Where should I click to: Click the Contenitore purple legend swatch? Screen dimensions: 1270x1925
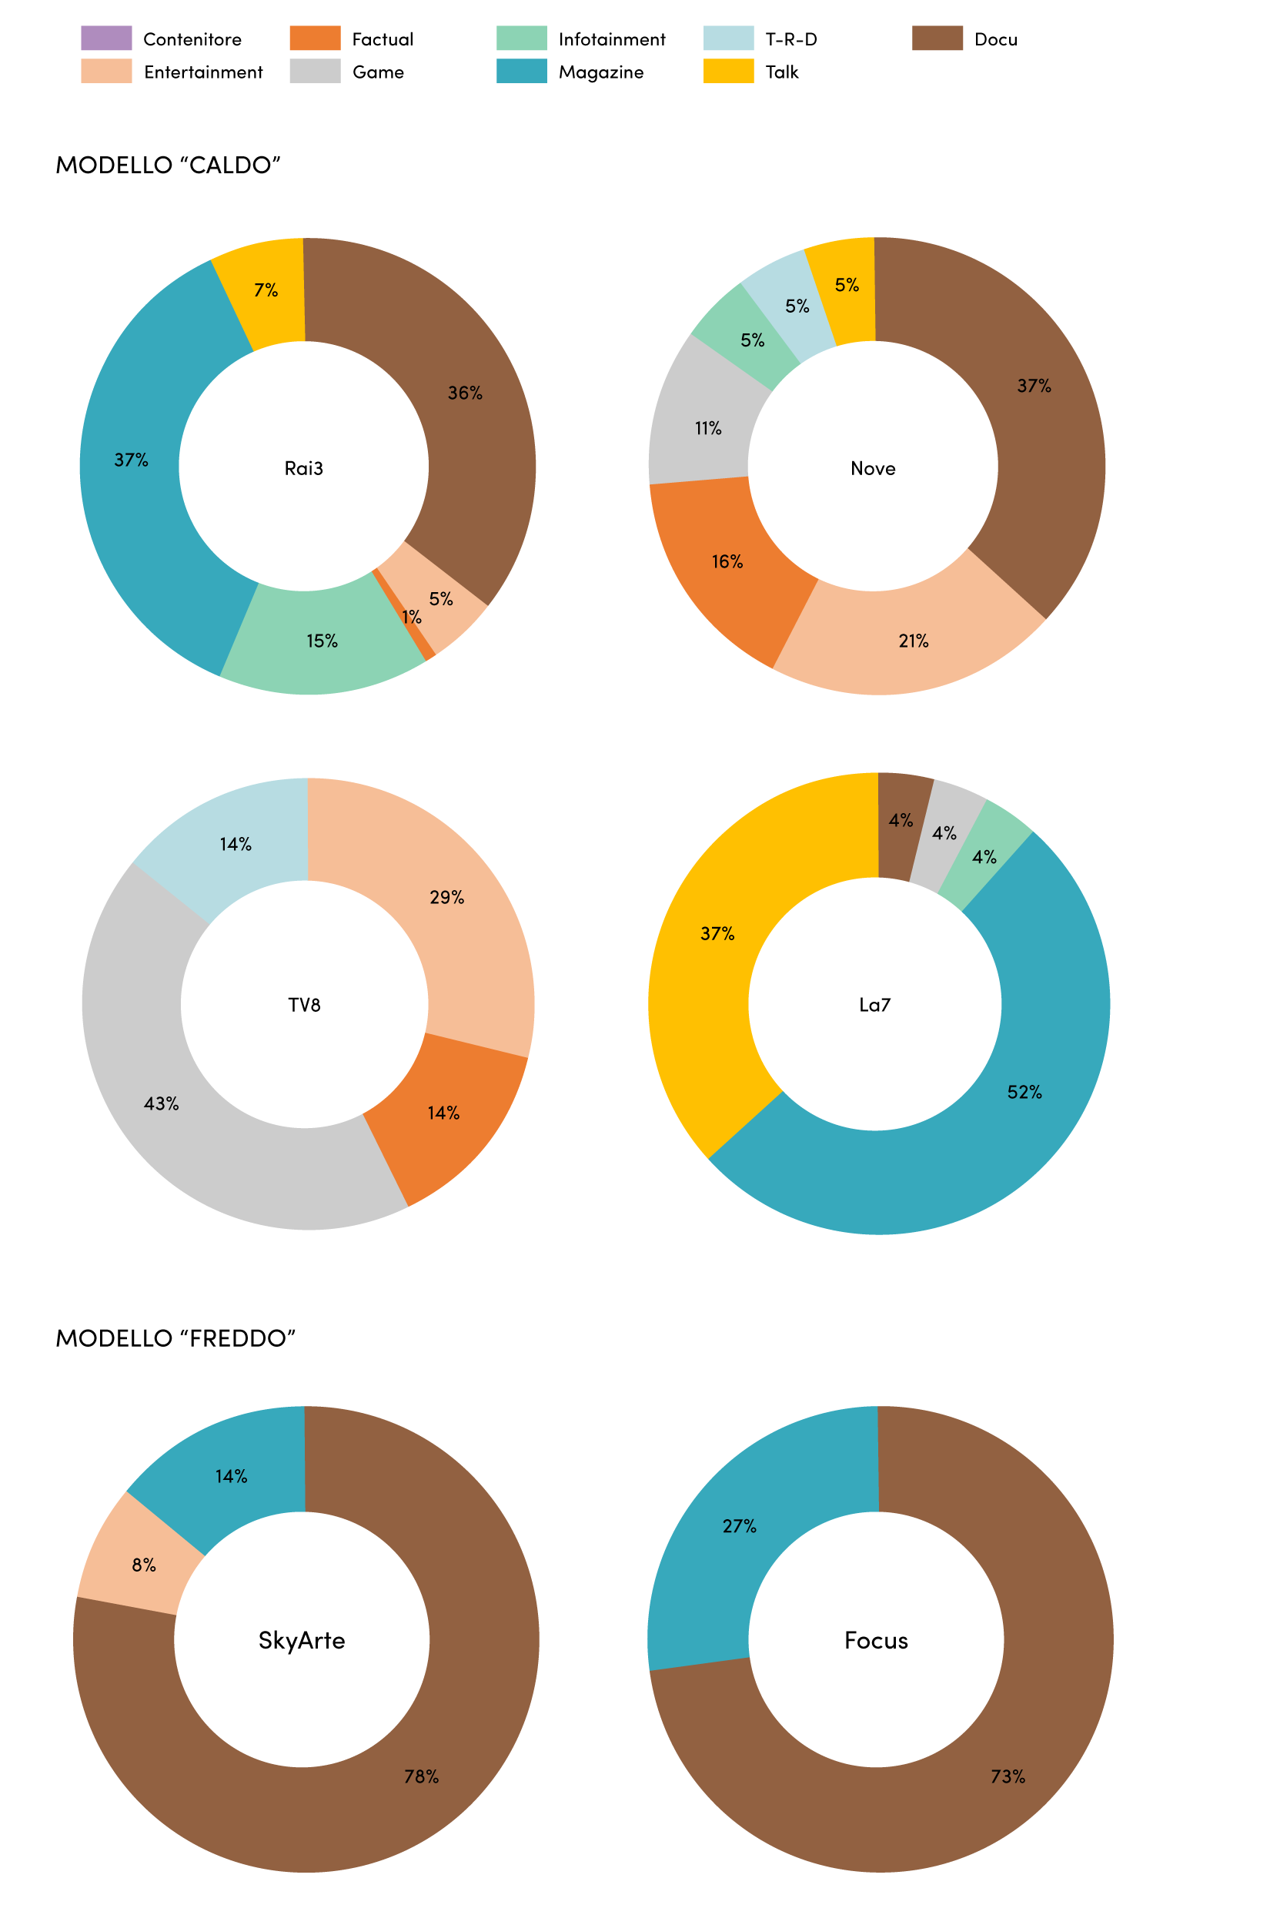(x=106, y=38)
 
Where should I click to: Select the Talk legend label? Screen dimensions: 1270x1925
(x=781, y=72)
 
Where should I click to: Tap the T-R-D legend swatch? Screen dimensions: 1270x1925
(x=728, y=38)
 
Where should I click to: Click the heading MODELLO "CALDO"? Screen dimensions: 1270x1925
(x=168, y=166)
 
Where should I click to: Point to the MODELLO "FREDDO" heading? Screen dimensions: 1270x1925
(x=175, y=1337)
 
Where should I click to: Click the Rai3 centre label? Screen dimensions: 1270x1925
(x=304, y=468)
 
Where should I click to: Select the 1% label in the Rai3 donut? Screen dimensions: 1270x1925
(x=413, y=617)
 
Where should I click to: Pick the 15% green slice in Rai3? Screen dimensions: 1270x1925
(x=323, y=640)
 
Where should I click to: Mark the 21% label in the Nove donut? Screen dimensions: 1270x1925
(x=914, y=641)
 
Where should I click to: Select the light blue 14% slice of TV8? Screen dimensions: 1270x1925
(x=233, y=842)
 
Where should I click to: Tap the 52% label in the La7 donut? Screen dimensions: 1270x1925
(x=1024, y=1092)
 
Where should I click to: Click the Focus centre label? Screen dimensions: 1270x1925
(x=877, y=1641)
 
